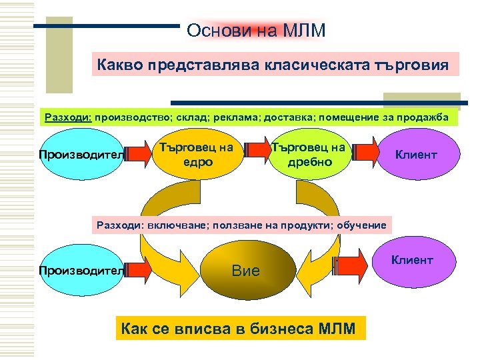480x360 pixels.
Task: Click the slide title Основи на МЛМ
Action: tap(256, 31)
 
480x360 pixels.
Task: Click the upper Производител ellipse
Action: tap(81, 155)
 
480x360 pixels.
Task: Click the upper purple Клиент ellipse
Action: tap(416, 155)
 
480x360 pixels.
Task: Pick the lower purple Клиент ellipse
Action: tap(412, 260)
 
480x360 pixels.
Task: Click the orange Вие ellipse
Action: tap(245, 270)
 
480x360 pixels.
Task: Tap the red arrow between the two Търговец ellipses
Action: tap(255, 153)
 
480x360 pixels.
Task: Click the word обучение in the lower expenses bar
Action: tap(363, 225)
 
